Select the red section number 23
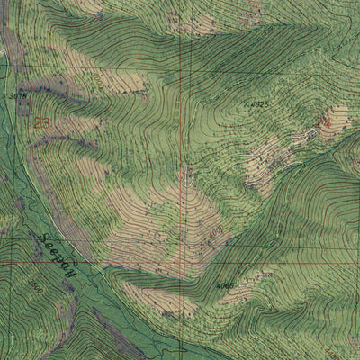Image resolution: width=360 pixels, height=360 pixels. click(x=41, y=121)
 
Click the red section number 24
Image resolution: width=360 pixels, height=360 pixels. click(x=324, y=120)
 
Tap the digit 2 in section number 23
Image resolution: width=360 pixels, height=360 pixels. click(x=37, y=121)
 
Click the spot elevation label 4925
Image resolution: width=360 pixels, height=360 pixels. click(x=257, y=105)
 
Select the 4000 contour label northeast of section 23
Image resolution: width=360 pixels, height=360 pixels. click(x=97, y=79)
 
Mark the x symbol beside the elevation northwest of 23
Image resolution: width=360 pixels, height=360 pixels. click(x=5, y=93)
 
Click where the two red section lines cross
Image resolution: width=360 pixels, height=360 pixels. click(x=182, y=262)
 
